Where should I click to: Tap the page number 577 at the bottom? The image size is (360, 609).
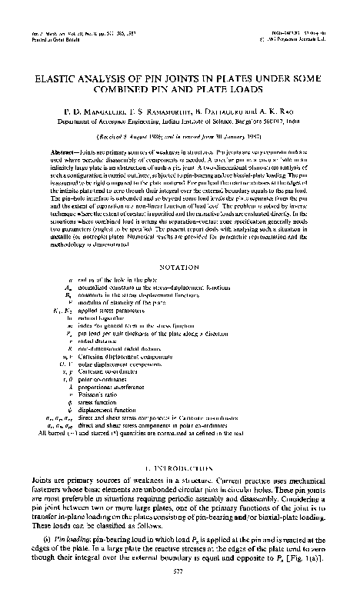[x=179, y=592]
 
